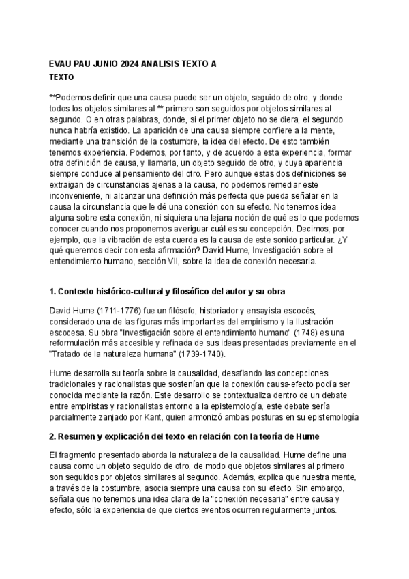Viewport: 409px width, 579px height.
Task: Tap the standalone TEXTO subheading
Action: point(63,77)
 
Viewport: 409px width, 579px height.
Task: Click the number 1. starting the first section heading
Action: point(54,292)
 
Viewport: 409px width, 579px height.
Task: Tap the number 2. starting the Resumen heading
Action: point(54,436)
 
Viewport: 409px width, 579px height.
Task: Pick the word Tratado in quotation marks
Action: point(71,354)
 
